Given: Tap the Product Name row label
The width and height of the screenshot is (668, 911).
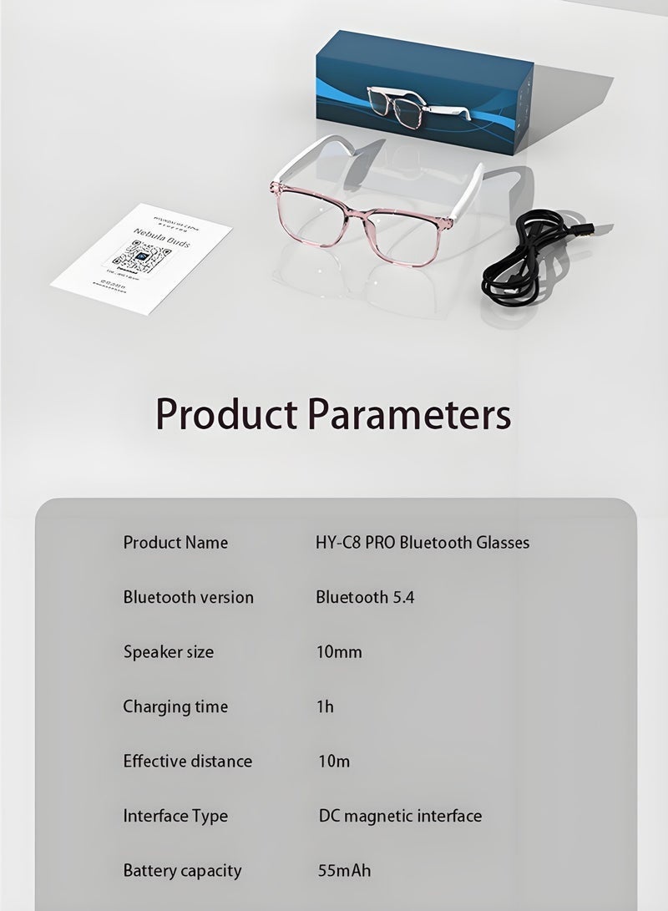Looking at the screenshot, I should click(x=175, y=543).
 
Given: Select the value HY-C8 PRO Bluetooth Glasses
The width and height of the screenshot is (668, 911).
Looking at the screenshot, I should click(x=423, y=543).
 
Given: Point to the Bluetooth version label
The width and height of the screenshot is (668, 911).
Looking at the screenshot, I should click(x=188, y=597).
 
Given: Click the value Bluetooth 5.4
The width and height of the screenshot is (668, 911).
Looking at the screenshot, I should click(x=364, y=597).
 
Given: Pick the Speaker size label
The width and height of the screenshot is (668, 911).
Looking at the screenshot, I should click(x=168, y=652).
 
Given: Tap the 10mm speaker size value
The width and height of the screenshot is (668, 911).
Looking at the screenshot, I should click(x=339, y=652).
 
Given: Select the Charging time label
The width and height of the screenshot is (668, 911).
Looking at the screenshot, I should click(x=175, y=707).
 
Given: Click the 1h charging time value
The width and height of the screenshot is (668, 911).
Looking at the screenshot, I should click(x=325, y=707).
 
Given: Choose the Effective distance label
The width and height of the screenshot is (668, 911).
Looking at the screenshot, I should click(x=187, y=762).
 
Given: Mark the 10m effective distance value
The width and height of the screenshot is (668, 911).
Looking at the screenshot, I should click(x=334, y=762).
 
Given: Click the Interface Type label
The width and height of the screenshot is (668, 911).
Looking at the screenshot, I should click(x=175, y=816).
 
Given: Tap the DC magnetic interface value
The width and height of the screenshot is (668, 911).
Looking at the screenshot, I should click(x=400, y=816).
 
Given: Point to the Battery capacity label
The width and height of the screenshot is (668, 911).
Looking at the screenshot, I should click(x=182, y=871).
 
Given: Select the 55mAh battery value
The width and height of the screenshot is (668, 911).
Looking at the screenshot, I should click(x=344, y=871).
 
